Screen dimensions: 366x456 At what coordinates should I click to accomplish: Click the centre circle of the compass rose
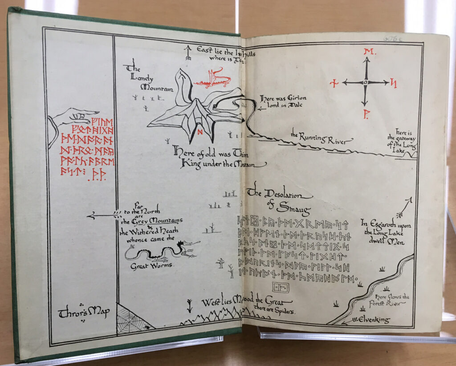(365, 82)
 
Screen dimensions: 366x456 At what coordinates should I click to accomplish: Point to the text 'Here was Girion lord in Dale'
(284, 102)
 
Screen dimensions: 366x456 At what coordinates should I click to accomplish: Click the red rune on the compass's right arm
(394, 82)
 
